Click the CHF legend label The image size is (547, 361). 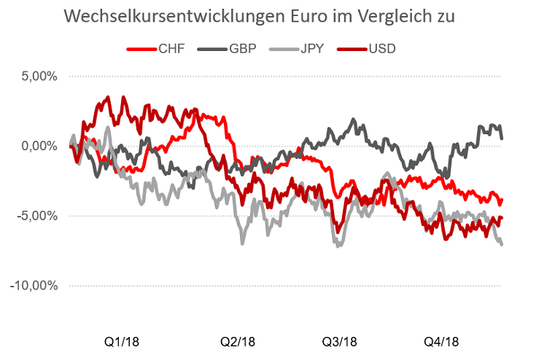(171, 49)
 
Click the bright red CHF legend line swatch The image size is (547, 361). (140, 49)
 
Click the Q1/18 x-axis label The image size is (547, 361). (122, 341)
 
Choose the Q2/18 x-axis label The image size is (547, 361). (238, 341)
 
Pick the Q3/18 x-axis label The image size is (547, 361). (339, 341)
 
